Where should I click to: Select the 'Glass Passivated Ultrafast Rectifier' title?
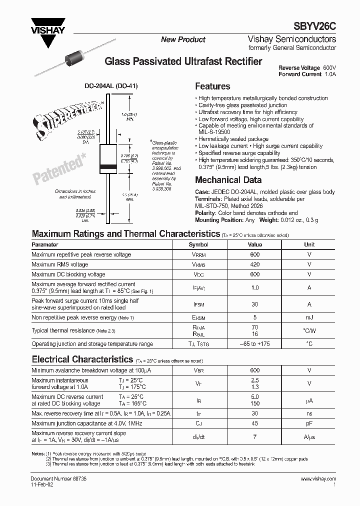183,61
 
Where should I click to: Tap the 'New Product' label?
183,39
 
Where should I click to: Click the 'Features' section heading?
212,86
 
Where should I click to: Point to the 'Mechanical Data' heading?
228,180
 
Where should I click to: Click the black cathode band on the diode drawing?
109,166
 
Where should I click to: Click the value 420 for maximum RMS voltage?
254,264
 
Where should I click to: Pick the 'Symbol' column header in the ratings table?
198,244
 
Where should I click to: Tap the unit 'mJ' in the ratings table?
309,317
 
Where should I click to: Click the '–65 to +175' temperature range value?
254,344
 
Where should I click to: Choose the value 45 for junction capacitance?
254,423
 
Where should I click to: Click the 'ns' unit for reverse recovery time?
309,413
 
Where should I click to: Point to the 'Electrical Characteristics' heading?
82,359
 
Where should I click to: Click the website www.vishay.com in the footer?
318,479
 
